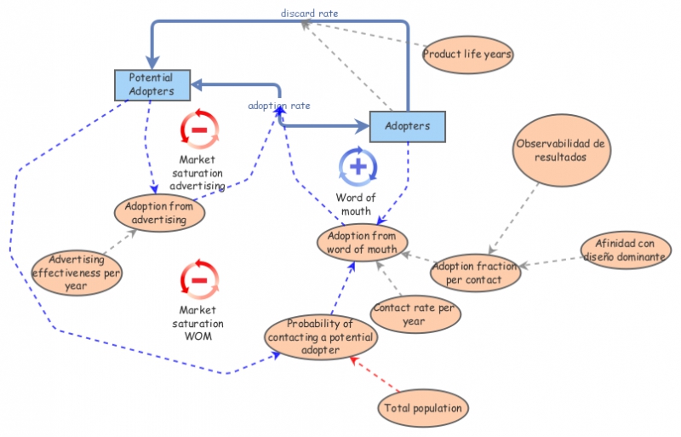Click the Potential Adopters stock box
click(151, 84)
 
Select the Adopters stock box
click(407, 126)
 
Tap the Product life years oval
click(467, 55)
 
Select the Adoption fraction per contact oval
click(476, 273)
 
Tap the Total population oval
click(423, 408)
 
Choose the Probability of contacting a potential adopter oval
click(320, 336)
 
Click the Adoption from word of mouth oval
click(362, 243)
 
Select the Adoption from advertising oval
click(161, 213)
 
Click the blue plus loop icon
click(358, 166)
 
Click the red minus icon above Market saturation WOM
click(199, 279)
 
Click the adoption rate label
click(278, 106)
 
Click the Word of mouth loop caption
click(356, 204)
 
